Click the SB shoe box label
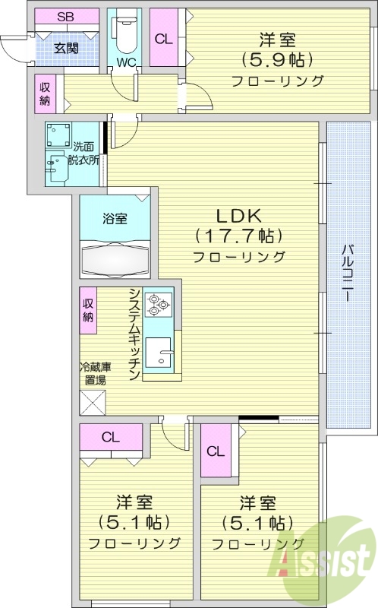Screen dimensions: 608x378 click(66, 17)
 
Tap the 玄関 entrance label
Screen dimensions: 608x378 click(66, 48)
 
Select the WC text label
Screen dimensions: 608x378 click(125, 62)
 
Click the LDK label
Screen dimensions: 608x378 click(238, 214)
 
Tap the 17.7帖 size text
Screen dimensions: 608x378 click(238, 235)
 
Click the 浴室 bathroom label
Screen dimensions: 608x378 click(115, 218)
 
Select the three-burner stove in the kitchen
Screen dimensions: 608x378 click(159, 304)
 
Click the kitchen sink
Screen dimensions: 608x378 click(159, 352)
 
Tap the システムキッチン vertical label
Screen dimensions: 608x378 click(134, 334)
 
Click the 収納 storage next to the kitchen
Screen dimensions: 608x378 click(88, 311)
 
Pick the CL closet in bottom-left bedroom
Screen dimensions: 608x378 click(111, 437)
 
